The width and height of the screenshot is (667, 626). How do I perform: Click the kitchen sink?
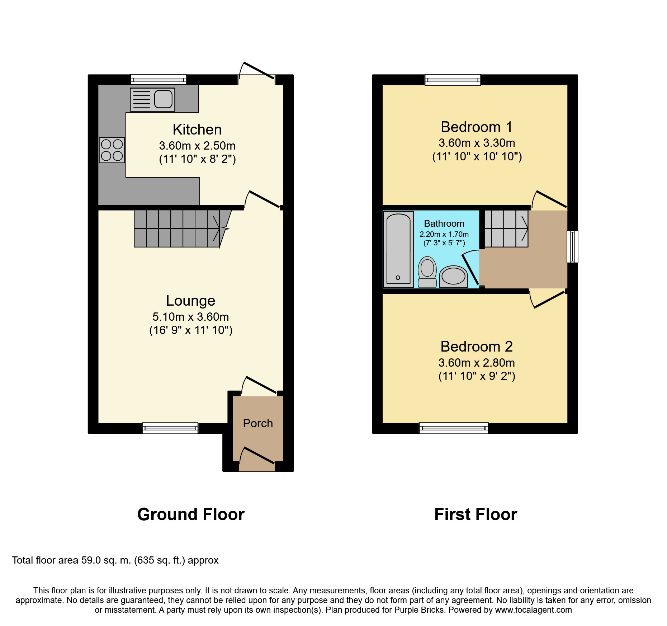[x=152, y=99]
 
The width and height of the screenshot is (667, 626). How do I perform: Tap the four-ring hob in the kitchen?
[x=112, y=150]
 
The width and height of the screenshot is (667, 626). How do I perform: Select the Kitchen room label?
[x=197, y=130]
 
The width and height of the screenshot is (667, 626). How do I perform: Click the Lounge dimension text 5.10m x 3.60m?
[x=191, y=317]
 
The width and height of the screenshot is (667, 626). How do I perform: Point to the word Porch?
[x=258, y=423]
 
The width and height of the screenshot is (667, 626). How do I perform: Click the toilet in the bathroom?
[x=427, y=272]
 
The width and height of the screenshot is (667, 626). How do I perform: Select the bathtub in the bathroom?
[x=398, y=249]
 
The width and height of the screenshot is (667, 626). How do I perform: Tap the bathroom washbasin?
[x=453, y=277]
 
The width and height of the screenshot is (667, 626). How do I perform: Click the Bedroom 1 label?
[x=477, y=127]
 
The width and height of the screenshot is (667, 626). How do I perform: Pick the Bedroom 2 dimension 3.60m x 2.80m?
[x=477, y=363]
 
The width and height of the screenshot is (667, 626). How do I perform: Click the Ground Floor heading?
[x=191, y=514]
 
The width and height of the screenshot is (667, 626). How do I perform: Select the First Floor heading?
[x=476, y=514]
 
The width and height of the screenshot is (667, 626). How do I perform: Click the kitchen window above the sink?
[x=158, y=79]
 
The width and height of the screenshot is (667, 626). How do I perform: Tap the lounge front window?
[x=170, y=428]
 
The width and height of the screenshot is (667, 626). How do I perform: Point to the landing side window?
[x=572, y=246]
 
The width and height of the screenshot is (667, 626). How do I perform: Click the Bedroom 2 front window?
[x=454, y=428]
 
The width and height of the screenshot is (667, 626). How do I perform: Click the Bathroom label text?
[x=444, y=223]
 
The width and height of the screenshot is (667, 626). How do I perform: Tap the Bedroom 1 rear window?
[x=453, y=80]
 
